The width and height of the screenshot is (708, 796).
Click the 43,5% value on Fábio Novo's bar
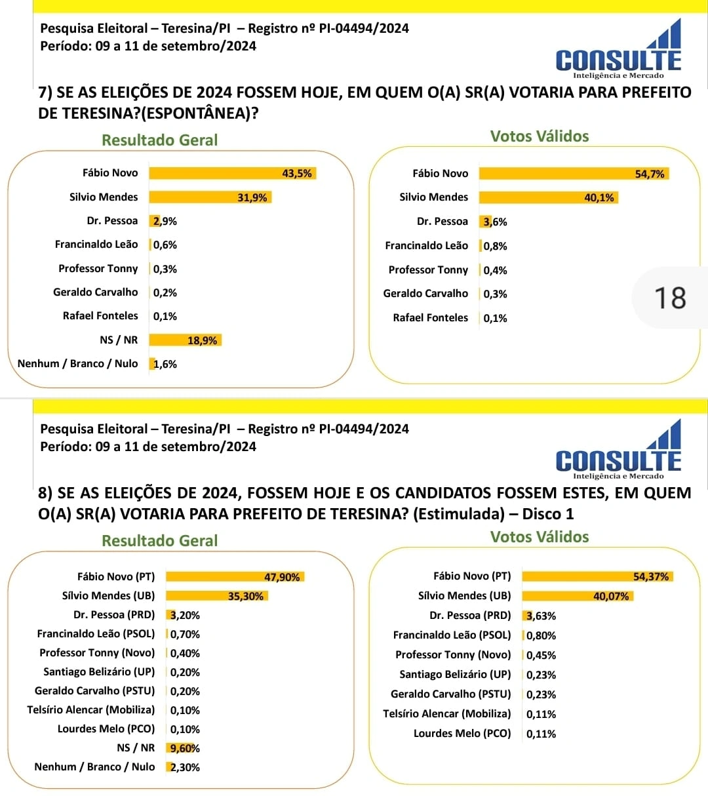[297, 173]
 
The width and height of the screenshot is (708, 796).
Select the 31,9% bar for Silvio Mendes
[210, 197]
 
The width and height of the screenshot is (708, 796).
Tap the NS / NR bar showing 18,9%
[185, 340]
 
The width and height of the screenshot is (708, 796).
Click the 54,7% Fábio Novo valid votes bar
[574, 174]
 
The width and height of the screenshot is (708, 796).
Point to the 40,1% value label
[599, 197]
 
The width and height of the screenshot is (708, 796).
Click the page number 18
[670, 298]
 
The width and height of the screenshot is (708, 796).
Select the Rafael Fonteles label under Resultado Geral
[100, 316]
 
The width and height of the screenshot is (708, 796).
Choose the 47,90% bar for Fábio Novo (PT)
[235, 577]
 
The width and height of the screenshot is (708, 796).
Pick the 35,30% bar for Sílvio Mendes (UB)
[216, 596]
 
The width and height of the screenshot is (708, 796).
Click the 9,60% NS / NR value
[185, 748]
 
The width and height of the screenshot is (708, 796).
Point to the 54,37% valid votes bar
[597, 576]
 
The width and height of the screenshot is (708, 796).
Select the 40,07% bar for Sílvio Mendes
[578, 596]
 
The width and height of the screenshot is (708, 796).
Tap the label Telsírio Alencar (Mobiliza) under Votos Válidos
[446, 714]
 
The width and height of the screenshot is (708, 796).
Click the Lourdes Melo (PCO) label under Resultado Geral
[106, 729]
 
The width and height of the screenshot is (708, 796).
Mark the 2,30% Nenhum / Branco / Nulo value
[185, 767]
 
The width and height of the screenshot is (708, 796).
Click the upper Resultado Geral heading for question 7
[159, 140]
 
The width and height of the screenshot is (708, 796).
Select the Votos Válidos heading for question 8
[540, 537]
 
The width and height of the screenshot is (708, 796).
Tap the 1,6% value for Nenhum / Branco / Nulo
[165, 364]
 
